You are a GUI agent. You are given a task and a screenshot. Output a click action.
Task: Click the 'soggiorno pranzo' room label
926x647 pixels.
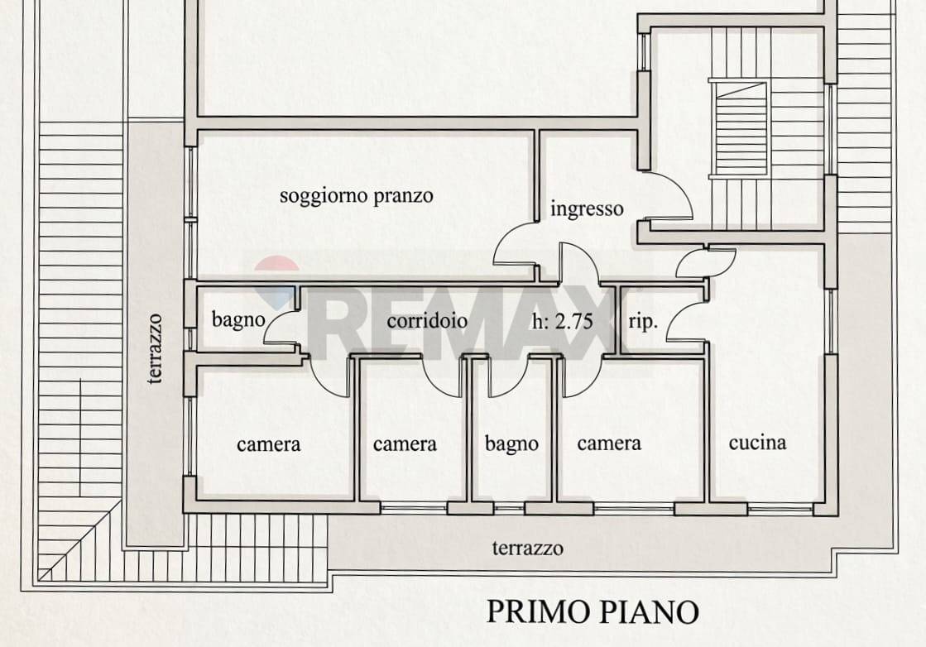click(x=356, y=196)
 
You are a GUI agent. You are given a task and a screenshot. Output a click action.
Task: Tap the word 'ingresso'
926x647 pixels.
click(x=587, y=209)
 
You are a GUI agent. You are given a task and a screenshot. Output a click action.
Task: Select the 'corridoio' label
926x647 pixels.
click(x=427, y=320)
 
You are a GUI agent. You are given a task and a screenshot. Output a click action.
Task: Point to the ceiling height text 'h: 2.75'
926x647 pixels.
click(x=562, y=321)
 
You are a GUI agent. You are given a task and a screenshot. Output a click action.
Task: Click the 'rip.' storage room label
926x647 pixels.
click(x=643, y=322)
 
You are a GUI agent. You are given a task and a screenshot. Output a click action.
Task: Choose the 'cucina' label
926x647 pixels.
click(x=757, y=443)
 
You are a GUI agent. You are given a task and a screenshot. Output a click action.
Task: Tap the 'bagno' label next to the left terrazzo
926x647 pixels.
click(x=238, y=320)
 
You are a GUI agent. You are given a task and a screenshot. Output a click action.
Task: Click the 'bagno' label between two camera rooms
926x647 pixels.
click(x=511, y=443)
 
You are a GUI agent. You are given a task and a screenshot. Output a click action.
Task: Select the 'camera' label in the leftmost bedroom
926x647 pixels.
click(x=269, y=444)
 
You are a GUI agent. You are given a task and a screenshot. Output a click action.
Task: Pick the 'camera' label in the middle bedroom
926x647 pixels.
click(x=405, y=444)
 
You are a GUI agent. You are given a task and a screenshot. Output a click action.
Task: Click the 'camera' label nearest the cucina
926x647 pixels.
click(x=609, y=443)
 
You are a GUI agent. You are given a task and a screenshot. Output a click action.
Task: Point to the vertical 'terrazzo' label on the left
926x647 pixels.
click(x=155, y=348)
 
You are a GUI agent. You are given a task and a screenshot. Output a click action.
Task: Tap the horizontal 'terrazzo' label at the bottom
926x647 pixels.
click(x=527, y=549)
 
